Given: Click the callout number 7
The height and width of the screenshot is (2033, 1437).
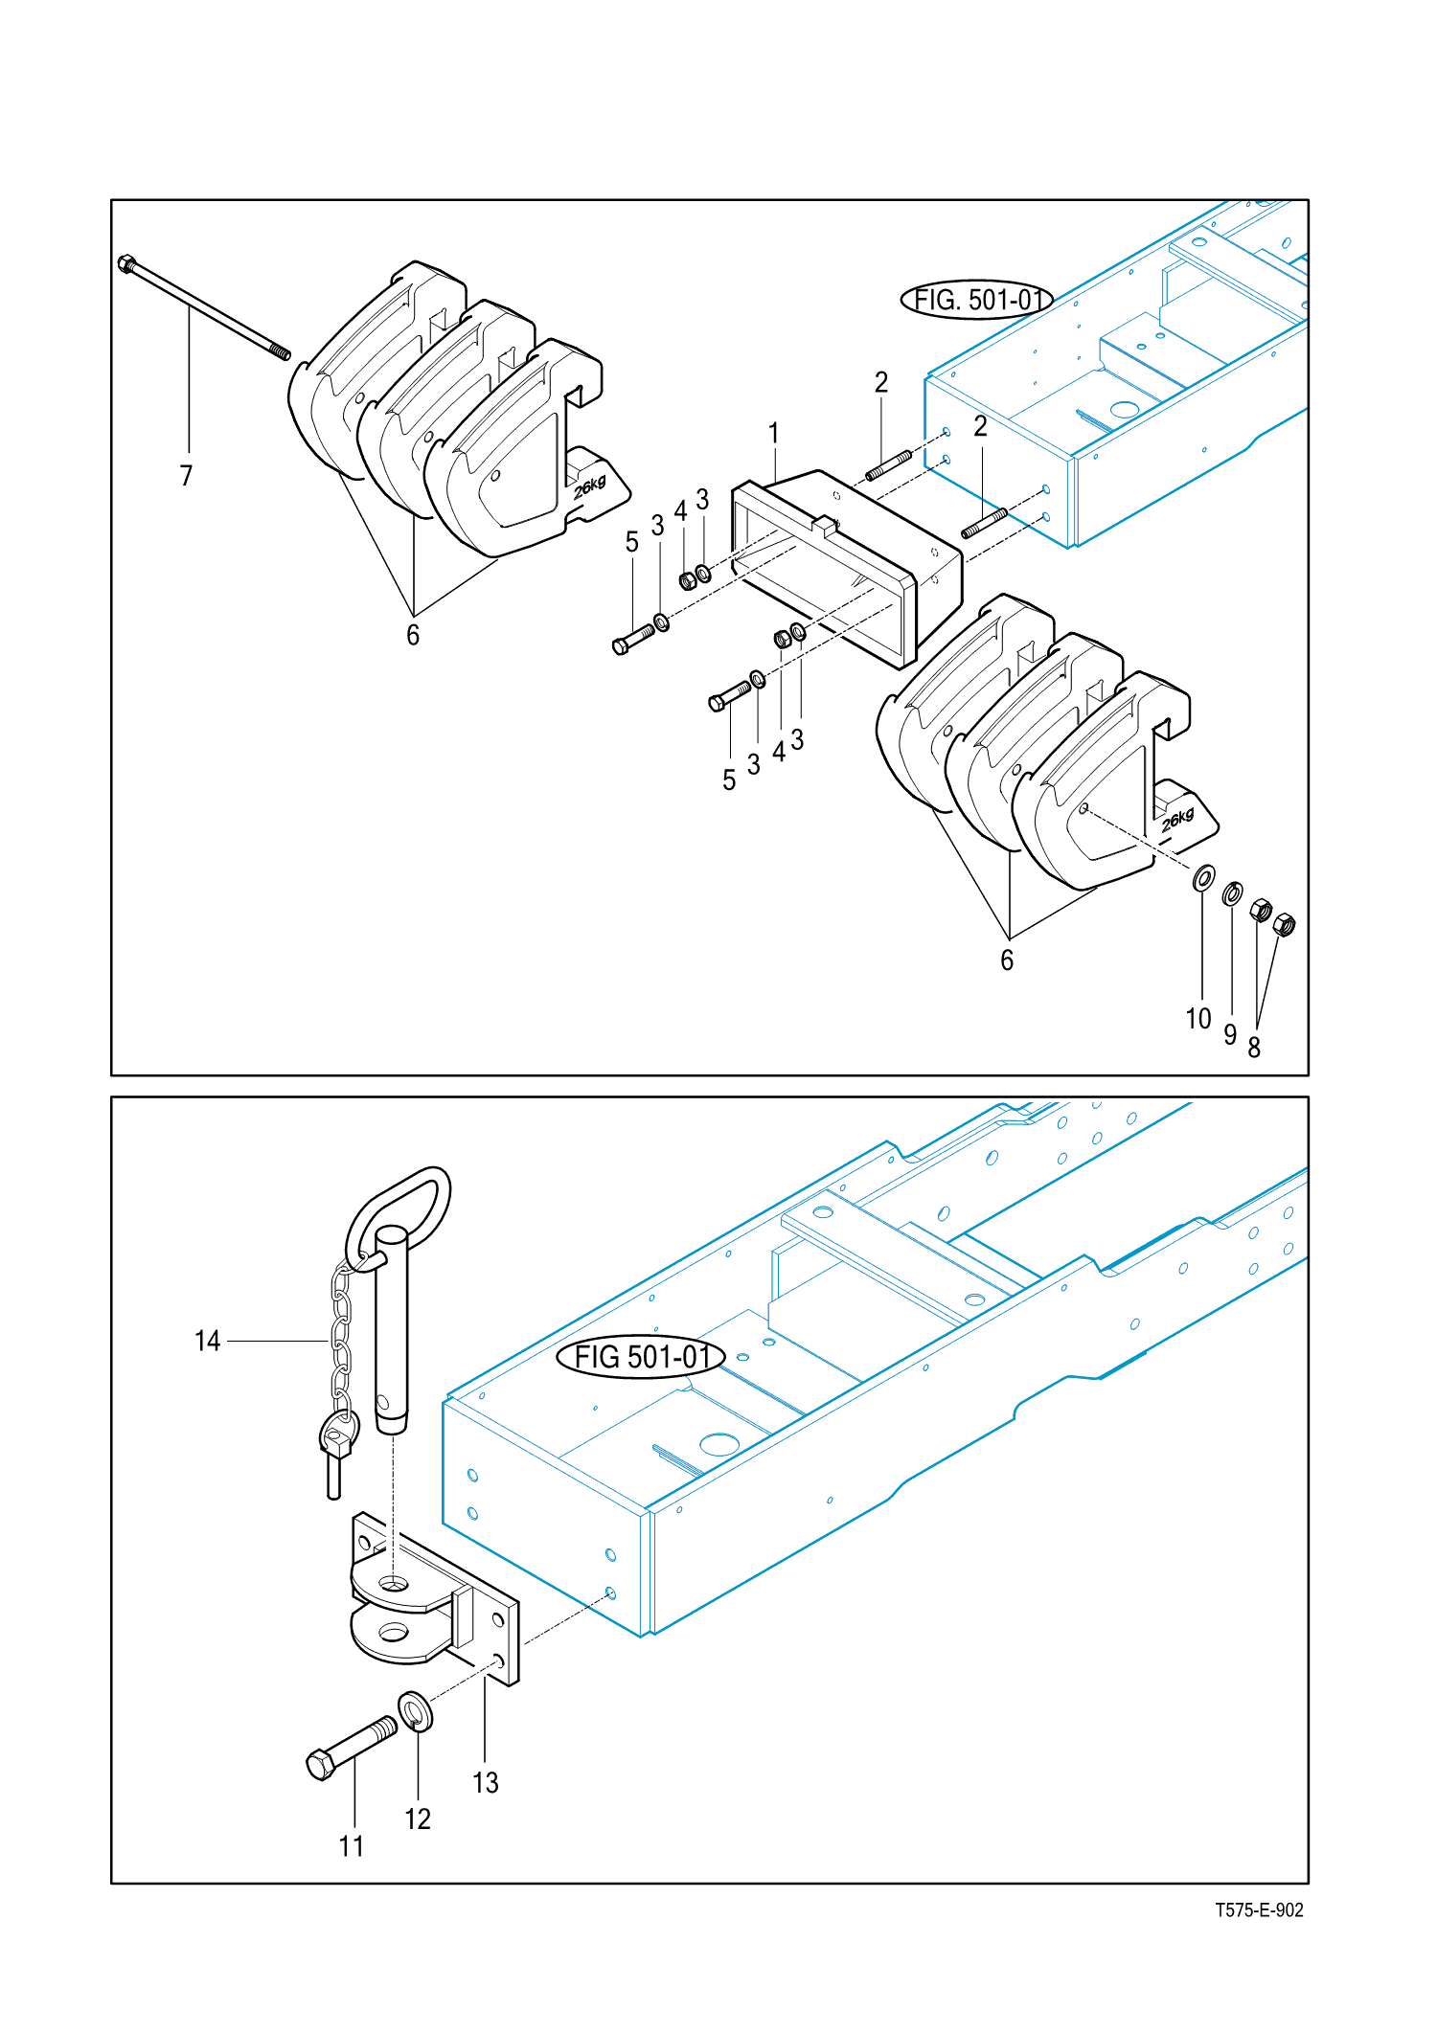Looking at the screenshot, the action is tap(186, 475).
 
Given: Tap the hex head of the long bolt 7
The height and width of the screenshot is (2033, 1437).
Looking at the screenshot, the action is tap(126, 262).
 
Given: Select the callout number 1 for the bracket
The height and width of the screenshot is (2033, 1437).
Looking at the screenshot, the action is tap(774, 433).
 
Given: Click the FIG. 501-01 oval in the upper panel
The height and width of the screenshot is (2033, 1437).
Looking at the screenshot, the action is tap(977, 301).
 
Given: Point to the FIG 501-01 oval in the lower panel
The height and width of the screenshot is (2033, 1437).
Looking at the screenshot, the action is tap(641, 1357).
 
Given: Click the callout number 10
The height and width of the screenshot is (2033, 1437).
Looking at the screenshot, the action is tap(1198, 1018).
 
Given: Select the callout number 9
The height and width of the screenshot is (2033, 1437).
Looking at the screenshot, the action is tap(1230, 1034).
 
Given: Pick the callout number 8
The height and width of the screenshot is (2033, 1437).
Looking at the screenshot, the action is tap(1254, 1048).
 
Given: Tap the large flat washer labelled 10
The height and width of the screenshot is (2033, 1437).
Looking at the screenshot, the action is tap(1204, 877).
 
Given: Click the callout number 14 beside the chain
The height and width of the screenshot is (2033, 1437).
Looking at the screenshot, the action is tap(207, 1341).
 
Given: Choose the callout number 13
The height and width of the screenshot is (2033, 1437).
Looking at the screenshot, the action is tap(486, 1782).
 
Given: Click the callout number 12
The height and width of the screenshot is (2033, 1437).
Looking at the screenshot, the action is tap(418, 1818).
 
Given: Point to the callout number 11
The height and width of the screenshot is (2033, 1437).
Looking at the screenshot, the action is tap(352, 1845).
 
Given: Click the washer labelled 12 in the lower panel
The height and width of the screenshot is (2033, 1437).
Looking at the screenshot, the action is tap(415, 1711).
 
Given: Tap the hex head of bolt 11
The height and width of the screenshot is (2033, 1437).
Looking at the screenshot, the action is tap(321, 1765).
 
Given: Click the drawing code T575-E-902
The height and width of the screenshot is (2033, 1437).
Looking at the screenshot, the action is tap(1259, 1909).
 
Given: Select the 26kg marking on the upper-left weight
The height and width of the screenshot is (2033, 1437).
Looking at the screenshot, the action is tap(590, 486).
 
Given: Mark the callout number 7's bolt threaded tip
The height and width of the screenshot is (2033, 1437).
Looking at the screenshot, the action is tap(280, 352).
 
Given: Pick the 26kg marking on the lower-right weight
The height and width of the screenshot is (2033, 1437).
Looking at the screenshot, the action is tap(1178, 820).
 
